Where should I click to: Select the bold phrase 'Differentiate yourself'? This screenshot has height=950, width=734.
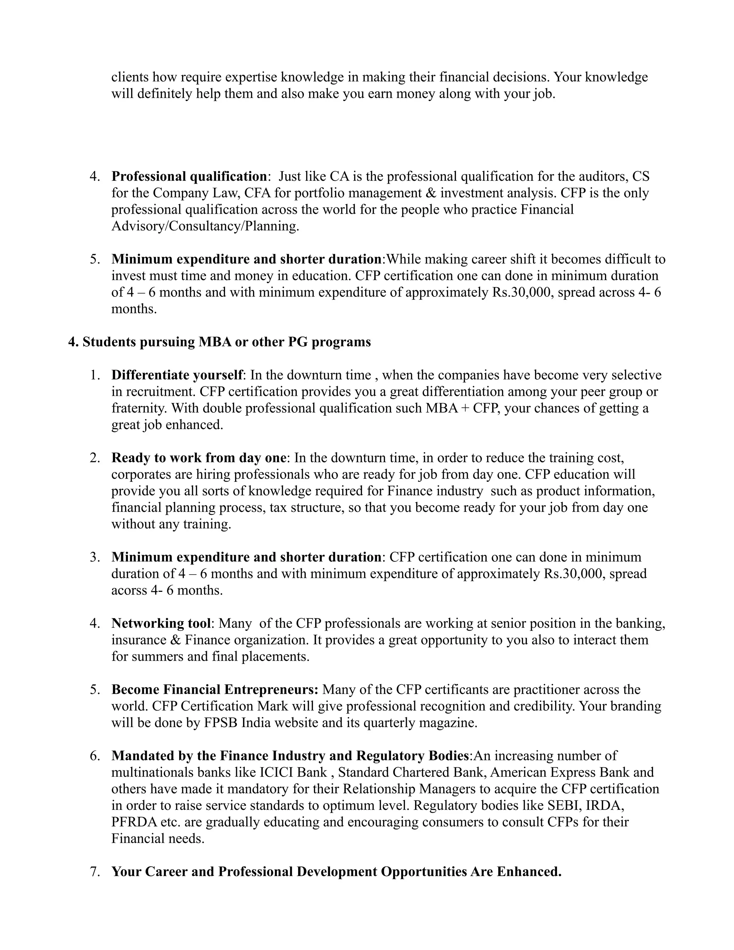click(x=177, y=375)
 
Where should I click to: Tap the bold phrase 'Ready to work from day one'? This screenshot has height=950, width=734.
click(x=199, y=457)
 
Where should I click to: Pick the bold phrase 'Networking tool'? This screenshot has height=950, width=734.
click(x=161, y=623)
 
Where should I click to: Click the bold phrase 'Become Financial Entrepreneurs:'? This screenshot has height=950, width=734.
click(x=215, y=689)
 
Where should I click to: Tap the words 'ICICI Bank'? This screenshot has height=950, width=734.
click(x=293, y=772)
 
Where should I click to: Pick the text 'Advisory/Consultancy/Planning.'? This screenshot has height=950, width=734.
click(x=205, y=226)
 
